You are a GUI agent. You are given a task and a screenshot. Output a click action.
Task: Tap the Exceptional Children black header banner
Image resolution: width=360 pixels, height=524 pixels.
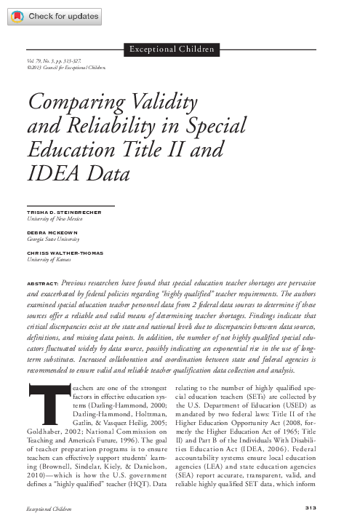pos(171,49)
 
